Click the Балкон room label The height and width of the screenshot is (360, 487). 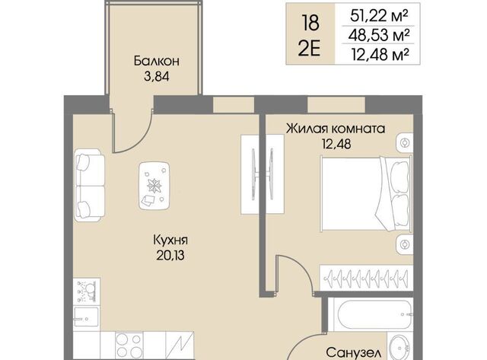coord(157,61)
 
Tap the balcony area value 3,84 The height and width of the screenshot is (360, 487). coord(157,76)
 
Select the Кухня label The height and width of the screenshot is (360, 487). coord(170,240)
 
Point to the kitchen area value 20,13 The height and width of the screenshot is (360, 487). coord(170,256)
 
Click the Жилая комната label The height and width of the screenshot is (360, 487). coord(336,129)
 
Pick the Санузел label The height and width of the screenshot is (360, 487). coord(353,352)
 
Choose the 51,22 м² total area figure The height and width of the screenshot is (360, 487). coord(379,16)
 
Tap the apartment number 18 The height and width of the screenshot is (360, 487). coord(310,23)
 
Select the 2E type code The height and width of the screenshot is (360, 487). coord(309,49)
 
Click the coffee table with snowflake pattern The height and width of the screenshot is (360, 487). coord(154,186)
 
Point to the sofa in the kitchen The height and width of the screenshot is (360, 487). coord(90,185)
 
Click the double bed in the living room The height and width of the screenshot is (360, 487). coord(367,193)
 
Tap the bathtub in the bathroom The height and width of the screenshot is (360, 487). coord(371,314)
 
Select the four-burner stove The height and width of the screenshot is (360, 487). coord(129,346)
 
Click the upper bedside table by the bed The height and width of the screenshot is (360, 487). coord(405,142)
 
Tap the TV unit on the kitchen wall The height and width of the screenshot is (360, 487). coord(263,174)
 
